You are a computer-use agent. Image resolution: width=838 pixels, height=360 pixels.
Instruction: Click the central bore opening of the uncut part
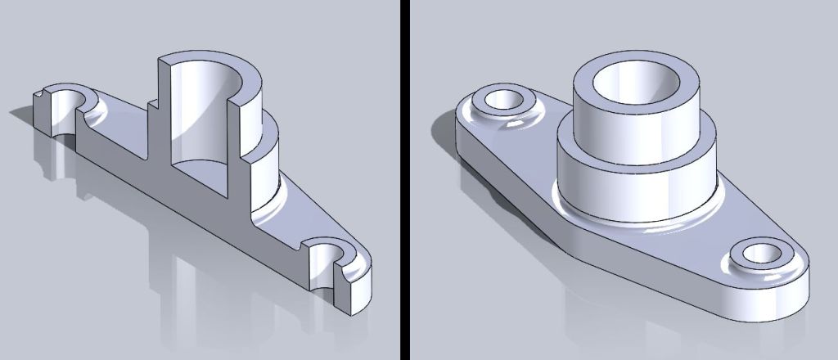pos(635,85)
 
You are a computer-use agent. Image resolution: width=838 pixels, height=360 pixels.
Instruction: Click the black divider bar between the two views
pos(404,180)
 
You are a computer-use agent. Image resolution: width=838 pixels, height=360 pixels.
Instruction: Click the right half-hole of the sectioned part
pos(327,266)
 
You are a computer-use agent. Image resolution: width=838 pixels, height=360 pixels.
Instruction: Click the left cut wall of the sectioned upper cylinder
pos(164,106)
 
